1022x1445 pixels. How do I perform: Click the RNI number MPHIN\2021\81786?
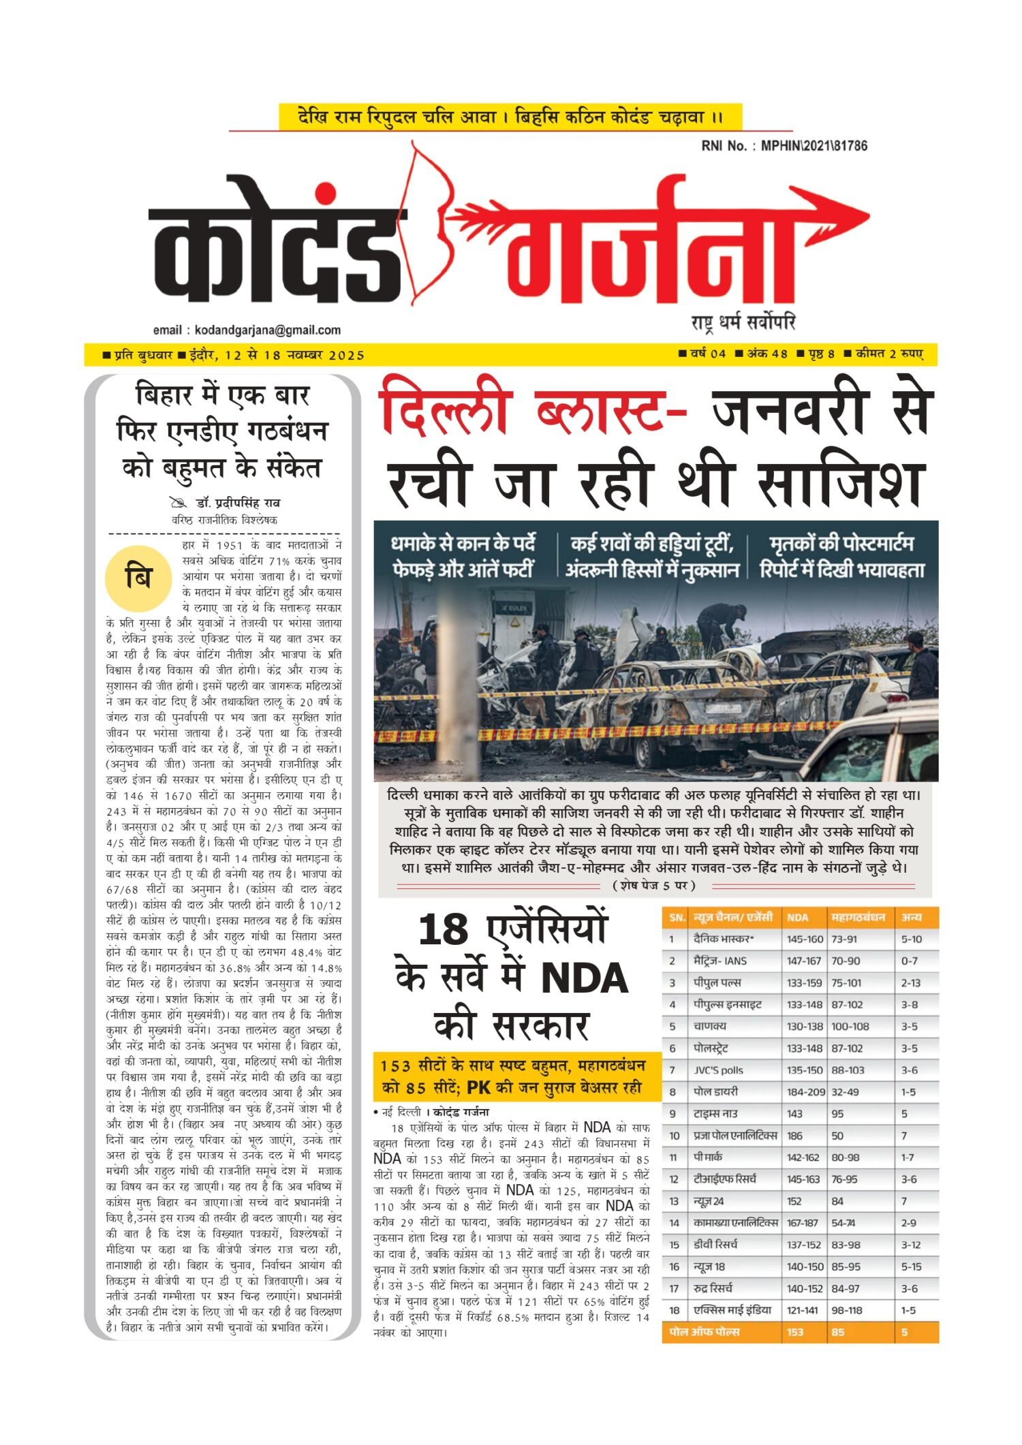[x=814, y=146]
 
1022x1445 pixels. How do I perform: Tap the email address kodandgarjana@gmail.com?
[x=267, y=330]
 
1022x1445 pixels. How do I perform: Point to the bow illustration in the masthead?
[x=429, y=218]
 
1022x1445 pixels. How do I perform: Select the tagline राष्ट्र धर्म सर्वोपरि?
[x=743, y=322]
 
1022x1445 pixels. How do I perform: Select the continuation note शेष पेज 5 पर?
[x=654, y=886]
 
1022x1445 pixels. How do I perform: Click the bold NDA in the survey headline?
[x=585, y=978]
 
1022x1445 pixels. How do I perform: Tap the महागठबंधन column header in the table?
[x=858, y=918]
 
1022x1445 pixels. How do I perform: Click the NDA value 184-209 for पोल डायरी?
[x=805, y=1092]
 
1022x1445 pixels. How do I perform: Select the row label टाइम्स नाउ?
[x=715, y=1114]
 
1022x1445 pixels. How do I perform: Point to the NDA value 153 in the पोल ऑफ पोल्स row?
[x=795, y=1332]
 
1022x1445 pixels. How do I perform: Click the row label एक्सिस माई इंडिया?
[x=732, y=1310]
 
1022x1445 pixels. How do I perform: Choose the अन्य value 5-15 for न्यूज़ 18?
[x=911, y=1267]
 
